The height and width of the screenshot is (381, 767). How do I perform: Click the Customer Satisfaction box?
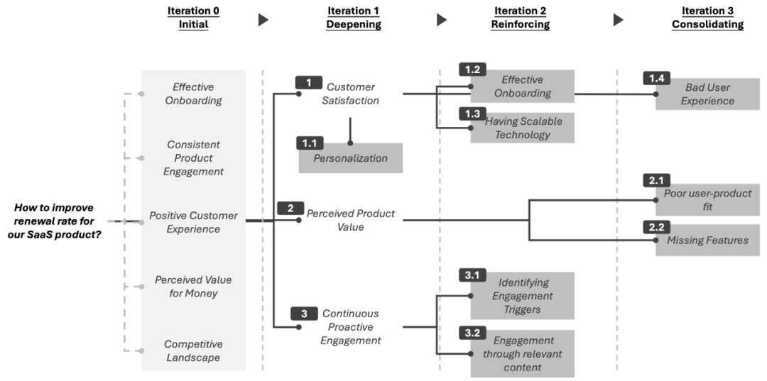pyautogui.click(x=351, y=94)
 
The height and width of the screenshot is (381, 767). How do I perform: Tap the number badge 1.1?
pyautogui.click(x=309, y=143)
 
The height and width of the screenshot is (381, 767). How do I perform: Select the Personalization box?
pyautogui.click(x=351, y=158)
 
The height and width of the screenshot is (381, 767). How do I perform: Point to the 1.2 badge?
pyautogui.click(x=472, y=70)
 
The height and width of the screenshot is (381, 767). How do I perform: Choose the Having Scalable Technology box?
pyautogui.click(x=523, y=128)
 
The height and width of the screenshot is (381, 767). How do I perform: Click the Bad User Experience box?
pyautogui.click(x=707, y=94)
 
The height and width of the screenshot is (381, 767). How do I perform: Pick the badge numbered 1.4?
pyautogui.click(x=656, y=77)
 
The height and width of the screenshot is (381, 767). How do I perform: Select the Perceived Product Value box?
pyautogui.click(x=351, y=221)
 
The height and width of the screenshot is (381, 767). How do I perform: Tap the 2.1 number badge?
pyautogui.click(x=656, y=181)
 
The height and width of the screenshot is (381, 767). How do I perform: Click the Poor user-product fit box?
pyautogui.click(x=707, y=200)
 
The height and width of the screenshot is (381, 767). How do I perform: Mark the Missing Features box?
pyautogui.click(x=707, y=241)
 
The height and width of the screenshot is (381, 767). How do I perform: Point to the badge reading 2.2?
pyautogui.click(x=656, y=228)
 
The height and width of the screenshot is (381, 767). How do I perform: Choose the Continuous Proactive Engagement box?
pyautogui.click(x=351, y=327)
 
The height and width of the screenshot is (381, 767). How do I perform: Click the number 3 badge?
pyautogui.click(x=304, y=313)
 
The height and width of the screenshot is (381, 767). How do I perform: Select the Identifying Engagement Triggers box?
pyautogui.click(x=523, y=296)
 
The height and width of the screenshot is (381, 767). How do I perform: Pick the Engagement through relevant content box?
pyautogui.click(x=523, y=353)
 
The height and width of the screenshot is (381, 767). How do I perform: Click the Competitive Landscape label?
pyautogui.click(x=193, y=351)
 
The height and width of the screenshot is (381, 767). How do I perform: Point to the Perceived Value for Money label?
pyautogui.click(x=193, y=287)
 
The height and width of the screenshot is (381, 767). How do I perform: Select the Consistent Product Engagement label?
pyautogui.click(x=193, y=158)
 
